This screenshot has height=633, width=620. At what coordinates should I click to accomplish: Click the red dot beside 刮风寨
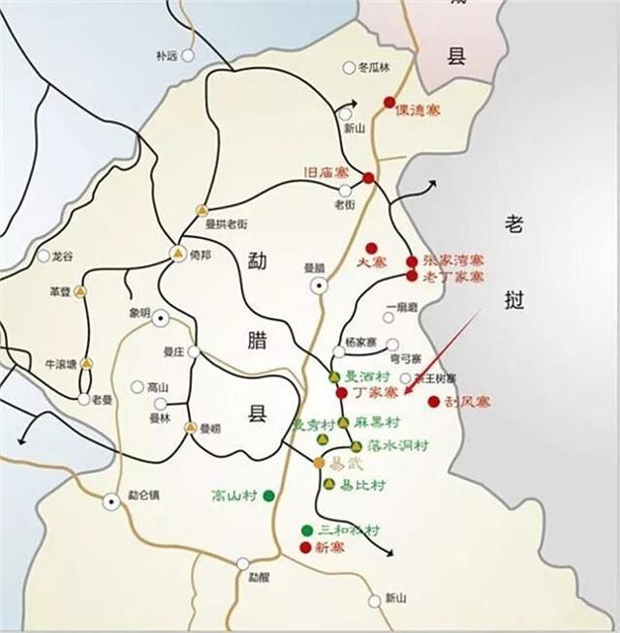tap(433, 401)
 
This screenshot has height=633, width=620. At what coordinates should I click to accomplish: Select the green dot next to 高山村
tap(268, 496)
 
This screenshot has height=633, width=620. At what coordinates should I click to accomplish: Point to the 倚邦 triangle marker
tap(177, 254)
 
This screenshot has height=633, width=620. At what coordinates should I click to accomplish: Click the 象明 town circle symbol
tap(161, 316)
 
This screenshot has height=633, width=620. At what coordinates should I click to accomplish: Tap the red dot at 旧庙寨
tap(369, 178)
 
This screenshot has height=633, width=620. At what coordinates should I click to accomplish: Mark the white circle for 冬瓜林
tap(349, 68)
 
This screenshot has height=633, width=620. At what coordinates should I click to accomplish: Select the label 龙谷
tap(62, 256)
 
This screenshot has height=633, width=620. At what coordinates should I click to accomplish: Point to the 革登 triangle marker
tap(81, 290)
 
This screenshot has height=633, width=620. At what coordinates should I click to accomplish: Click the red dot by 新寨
tap(306, 548)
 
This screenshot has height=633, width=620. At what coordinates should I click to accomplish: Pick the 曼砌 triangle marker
tap(191, 426)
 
